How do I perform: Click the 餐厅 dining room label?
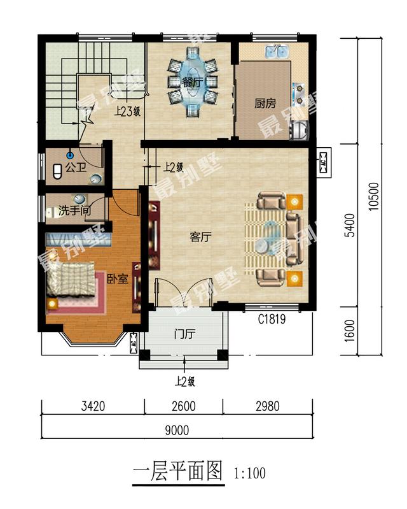pyautogui.click(x=191, y=82)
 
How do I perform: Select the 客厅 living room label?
pyautogui.click(x=200, y=237)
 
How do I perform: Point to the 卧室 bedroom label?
pyautogui.click(x=117, y=279)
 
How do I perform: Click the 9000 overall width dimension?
pyautogui.click(x=177, y=430)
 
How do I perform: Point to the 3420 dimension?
pyautogui.click(x=93, y=406)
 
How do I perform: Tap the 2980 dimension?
pyautogui.click(x=268, y=406)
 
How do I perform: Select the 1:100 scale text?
pyautogui.click(x=250, y=474)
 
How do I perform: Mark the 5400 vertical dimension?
pyautogui.click(x=348, y=226)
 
